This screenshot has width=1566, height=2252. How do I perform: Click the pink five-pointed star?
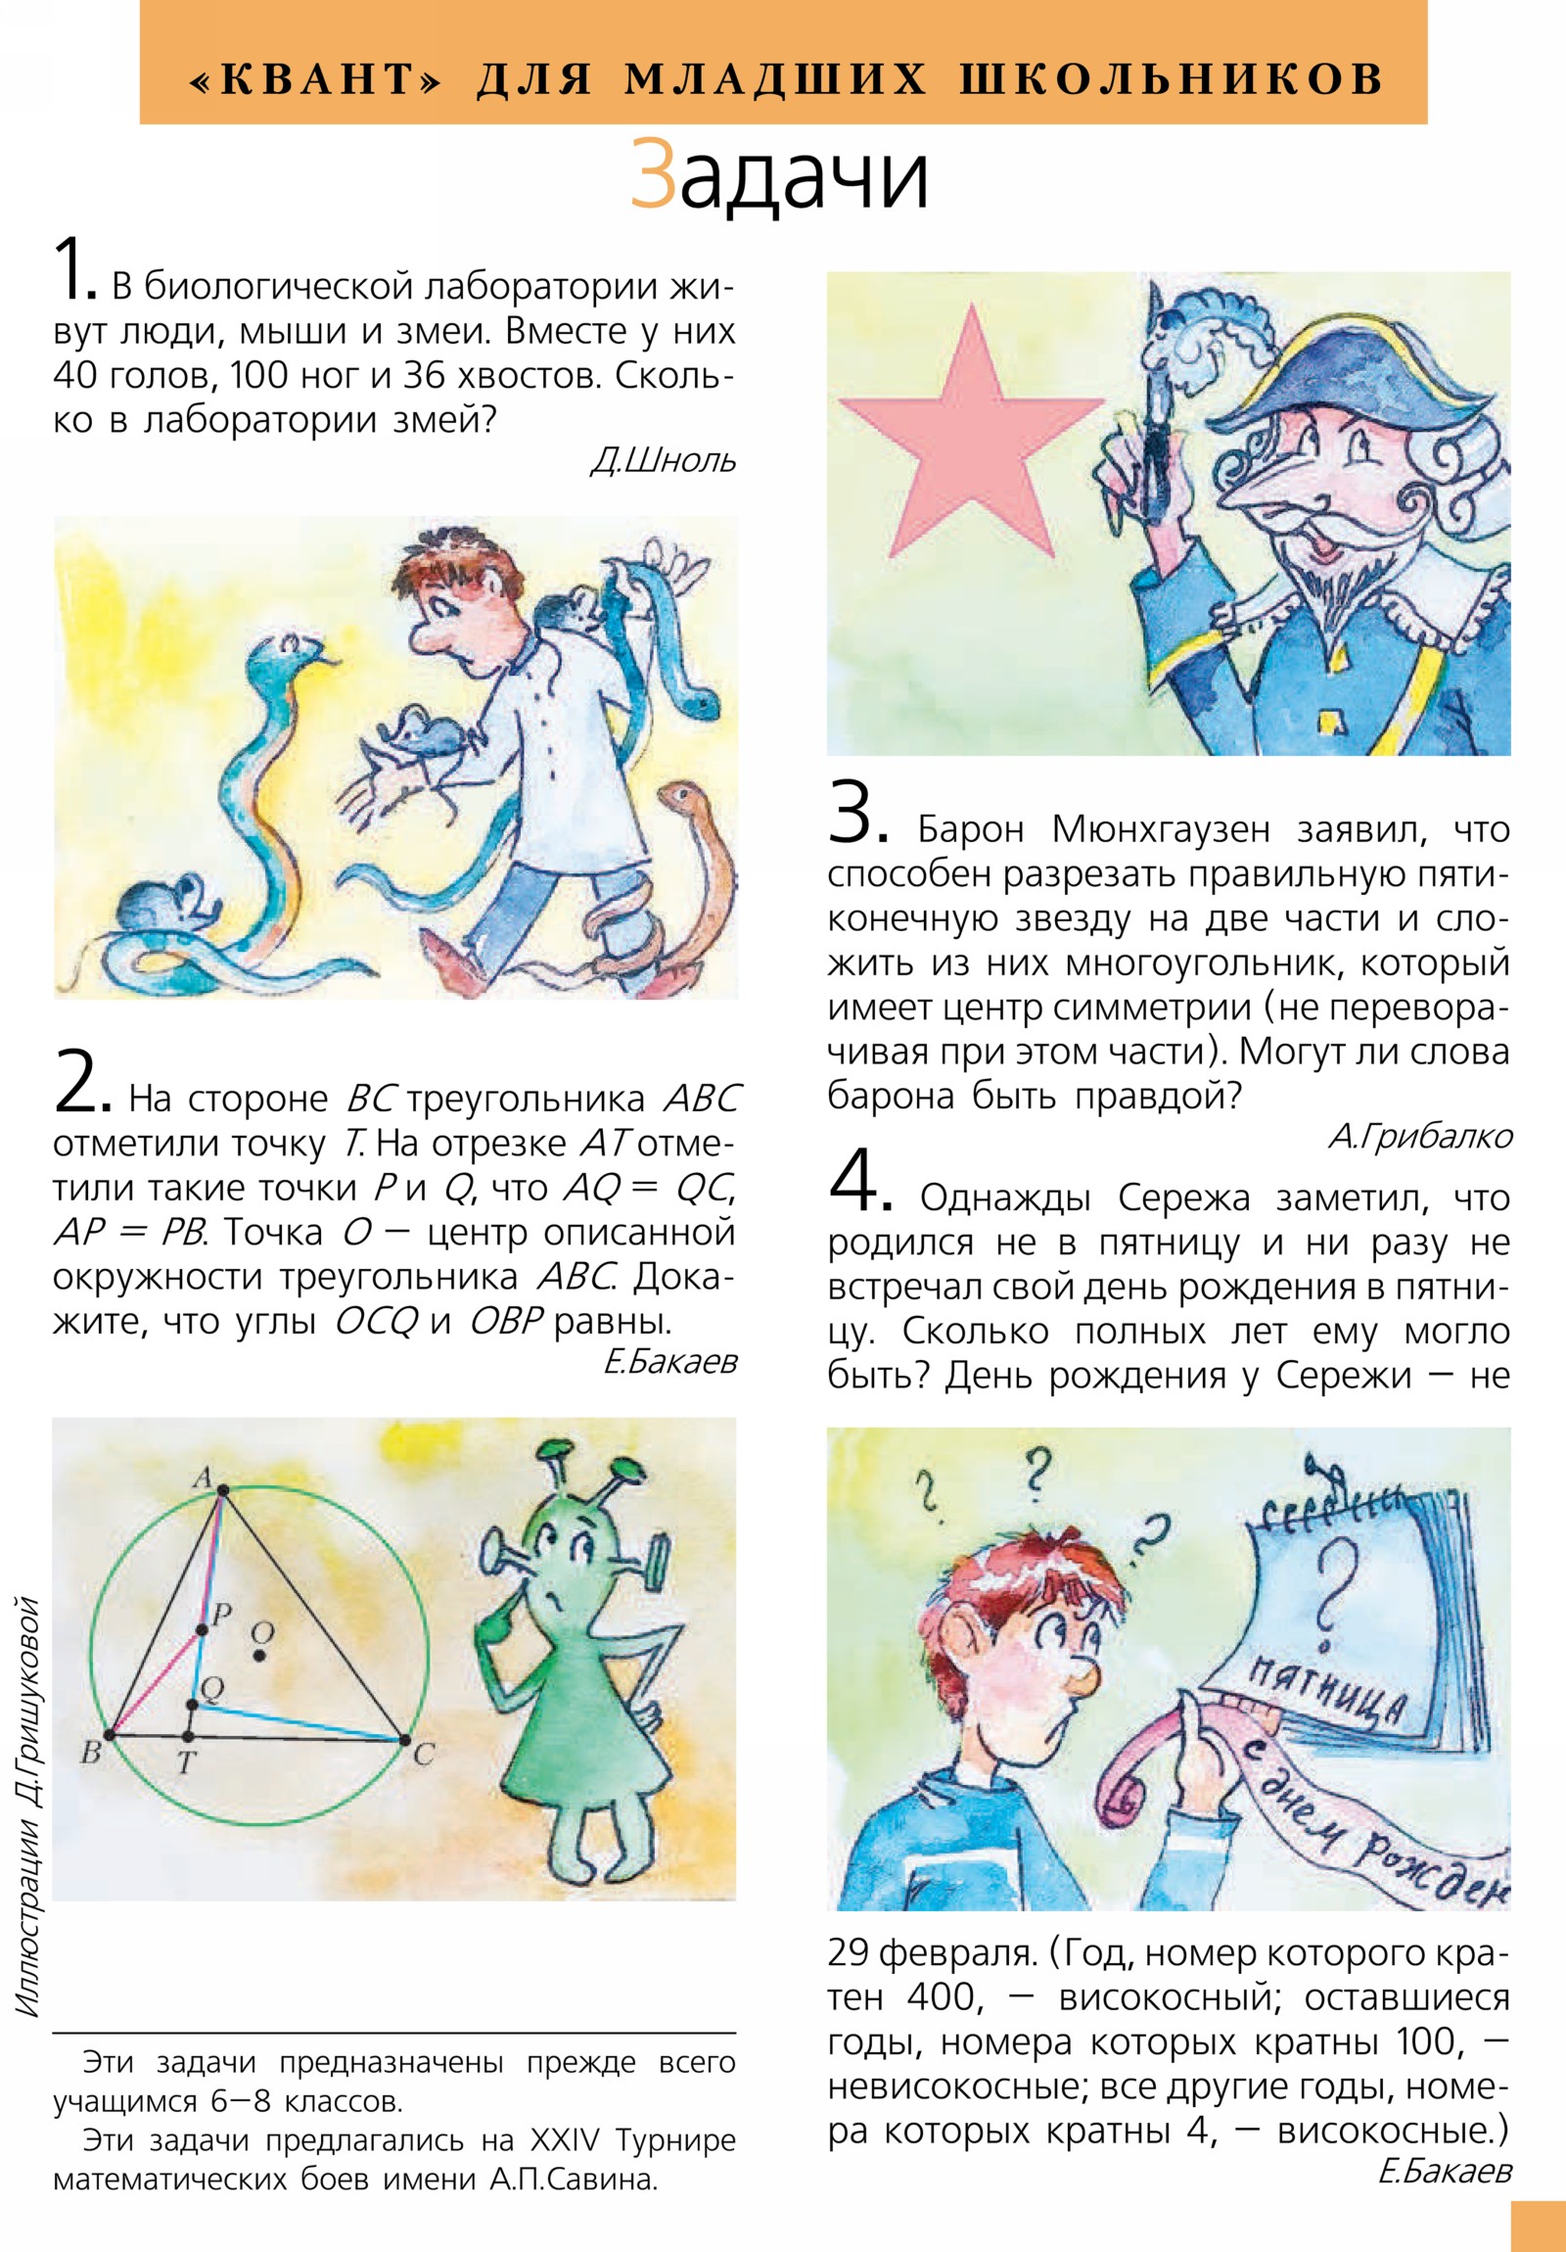971,442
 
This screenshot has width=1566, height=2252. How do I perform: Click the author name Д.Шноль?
663,461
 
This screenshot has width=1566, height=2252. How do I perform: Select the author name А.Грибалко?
1420,1136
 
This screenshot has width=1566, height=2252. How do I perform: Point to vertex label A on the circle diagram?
202,1477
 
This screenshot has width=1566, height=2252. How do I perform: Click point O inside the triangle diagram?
259,1655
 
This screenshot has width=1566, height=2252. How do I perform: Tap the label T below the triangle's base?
186,1763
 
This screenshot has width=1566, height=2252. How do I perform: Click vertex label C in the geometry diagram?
424,1754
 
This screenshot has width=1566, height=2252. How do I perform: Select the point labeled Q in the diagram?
192,1705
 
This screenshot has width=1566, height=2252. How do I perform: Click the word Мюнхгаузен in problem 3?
1160,829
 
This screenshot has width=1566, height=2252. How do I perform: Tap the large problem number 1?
74,266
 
